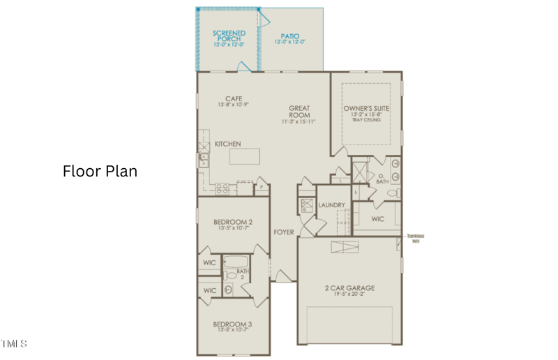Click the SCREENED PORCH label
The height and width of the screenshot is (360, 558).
click(x=229, y=36)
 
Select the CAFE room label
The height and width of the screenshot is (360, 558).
click(x=233, y=98)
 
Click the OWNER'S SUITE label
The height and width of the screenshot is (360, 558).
click(x=366, y=109)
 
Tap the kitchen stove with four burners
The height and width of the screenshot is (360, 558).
click(x=223, y=187)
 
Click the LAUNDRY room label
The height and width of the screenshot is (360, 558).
click(x=331, y=205)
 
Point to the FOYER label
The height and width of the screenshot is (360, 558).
click(x=283, y=232)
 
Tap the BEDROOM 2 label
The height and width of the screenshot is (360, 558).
click(x=232, y=223)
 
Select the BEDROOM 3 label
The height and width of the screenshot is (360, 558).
click(x=232, y=324)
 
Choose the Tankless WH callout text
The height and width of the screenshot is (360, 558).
click(x=415, y=238)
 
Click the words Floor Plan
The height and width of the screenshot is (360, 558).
click(x=100, y=170)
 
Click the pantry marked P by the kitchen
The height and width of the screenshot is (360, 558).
click(x=262, y=187)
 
